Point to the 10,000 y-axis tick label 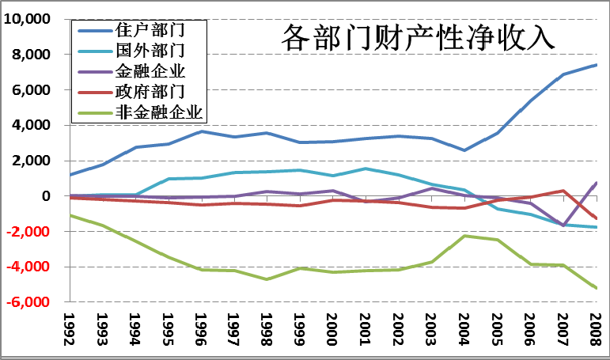coord(28,19)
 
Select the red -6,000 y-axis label coord(30,302)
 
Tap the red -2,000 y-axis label coord(30,232)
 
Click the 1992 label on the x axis coord(70,331)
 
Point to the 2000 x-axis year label coord(333,331)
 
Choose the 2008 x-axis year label coord(596,331)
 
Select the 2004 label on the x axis coord(464,331)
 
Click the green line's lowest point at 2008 coord(596,288)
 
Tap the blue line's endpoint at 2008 coord(596,65)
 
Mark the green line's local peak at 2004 coord(464,236)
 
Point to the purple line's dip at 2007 coord(563,225)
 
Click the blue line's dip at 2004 coord(464,150)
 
